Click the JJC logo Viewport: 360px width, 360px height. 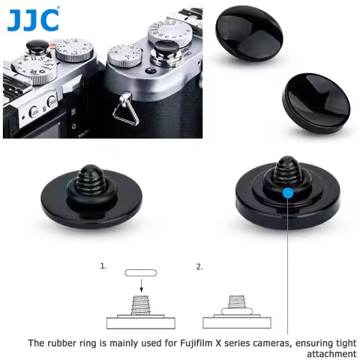click(32, 19)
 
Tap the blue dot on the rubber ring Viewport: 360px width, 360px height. click(288, 193)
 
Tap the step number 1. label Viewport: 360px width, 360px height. click(103, 266)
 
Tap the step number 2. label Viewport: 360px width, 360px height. click(199, 266)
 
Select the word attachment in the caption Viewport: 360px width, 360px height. click(331, 353)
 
